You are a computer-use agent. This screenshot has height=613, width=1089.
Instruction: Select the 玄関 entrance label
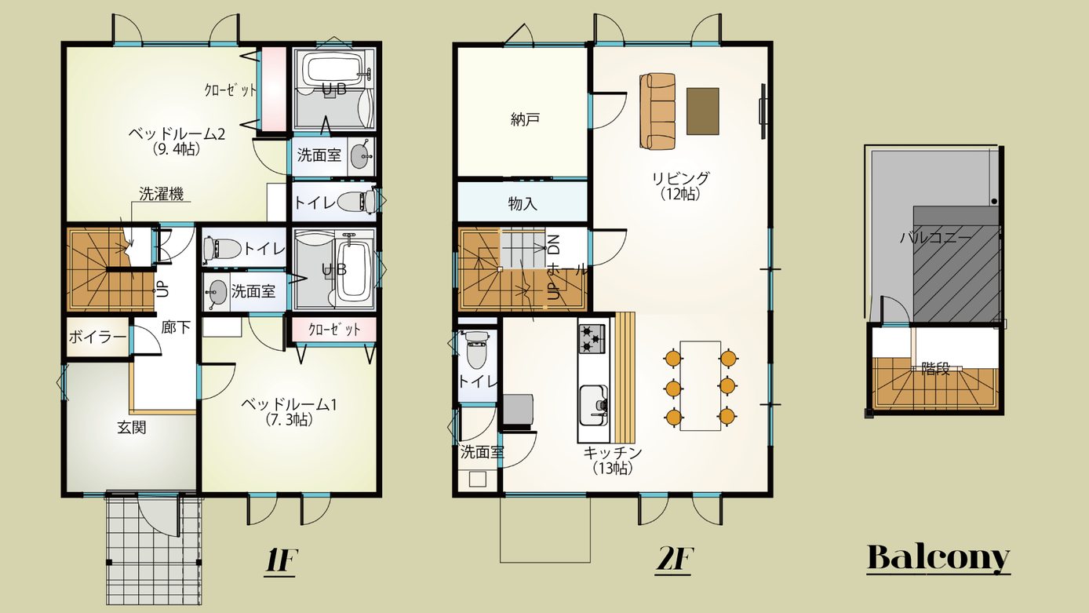click(132, 428)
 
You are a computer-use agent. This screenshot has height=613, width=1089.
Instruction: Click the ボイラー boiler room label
click(97, 337)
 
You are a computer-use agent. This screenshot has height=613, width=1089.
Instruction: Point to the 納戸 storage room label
click(525, 119)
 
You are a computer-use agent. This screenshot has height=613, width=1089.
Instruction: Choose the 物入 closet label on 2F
click(523, 203)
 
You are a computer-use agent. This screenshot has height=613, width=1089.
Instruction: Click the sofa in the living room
click(657, 111)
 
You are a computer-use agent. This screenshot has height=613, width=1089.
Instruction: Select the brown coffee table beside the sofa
click(702, 111)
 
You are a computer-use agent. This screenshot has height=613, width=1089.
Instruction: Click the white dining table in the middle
click(700, 386)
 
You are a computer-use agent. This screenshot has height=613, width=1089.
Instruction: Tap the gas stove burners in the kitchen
click(592, 338)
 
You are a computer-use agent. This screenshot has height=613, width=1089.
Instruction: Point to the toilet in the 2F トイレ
click(477, 349)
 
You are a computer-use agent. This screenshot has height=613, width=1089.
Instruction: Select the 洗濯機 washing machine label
click(162, 194)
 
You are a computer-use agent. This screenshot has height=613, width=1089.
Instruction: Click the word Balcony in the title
click(938, 557)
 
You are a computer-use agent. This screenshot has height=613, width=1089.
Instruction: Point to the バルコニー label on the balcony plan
click(935, 238)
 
